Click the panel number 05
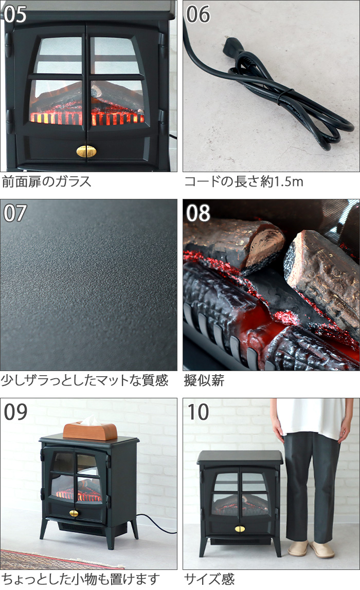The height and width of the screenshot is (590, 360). pos(15,14)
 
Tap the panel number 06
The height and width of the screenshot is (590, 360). pos(198,14)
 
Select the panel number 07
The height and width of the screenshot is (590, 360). pos(15,213)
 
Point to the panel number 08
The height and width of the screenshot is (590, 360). pos(198,213)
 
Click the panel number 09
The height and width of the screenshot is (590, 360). pos(15,412)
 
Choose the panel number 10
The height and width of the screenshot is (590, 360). pos(198,412)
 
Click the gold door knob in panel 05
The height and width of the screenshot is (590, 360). pos(86,151)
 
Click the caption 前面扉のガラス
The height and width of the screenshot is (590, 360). pos(47,182)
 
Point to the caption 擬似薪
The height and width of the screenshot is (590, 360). pos(204,380)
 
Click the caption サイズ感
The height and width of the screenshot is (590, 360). pos(209,579)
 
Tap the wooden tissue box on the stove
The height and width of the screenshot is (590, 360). pos(90,431)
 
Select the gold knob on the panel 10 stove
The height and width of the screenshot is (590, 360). pos(240,529)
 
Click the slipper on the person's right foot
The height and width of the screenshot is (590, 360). pos(297,549)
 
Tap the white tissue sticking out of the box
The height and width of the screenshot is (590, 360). pos(89,420)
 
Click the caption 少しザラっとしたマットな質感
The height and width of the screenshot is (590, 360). pos(84,380)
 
